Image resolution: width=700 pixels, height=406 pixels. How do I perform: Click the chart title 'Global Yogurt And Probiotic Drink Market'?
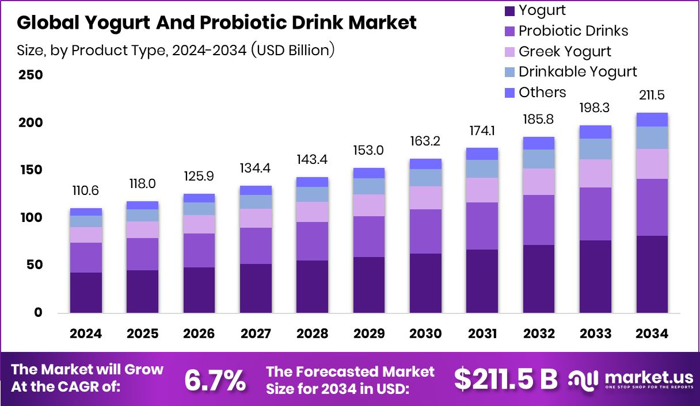click(x=216, y=23)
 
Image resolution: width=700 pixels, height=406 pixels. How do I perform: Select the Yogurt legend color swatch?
click(x=509, y=10)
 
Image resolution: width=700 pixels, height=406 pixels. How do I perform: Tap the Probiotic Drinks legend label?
click(x=573, y=30)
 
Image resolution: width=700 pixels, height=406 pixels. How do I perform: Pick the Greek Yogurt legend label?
click(x=565, y=51)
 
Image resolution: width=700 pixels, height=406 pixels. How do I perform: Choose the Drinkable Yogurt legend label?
click(x=577, y=72)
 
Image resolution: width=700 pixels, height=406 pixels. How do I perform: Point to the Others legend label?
click(x=542, y=93)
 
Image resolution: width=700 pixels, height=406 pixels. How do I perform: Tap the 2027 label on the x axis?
click(x=256, y=334)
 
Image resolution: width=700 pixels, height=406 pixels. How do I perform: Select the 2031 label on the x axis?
click(x=482, y=334)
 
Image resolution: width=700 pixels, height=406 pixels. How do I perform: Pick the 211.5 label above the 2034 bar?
click(x=652, y=95)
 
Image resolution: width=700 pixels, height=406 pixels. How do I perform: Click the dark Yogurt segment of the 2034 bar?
click(x=652, y=274)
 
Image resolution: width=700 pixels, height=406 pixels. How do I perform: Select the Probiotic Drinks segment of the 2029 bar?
click(x=368, y=236)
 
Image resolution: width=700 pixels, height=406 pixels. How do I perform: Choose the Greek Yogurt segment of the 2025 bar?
click(x=142, y=229)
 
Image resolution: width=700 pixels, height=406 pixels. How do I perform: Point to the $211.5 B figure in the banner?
click(x=506, y=379)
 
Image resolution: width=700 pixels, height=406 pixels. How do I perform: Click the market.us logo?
click(x=631, y=379)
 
